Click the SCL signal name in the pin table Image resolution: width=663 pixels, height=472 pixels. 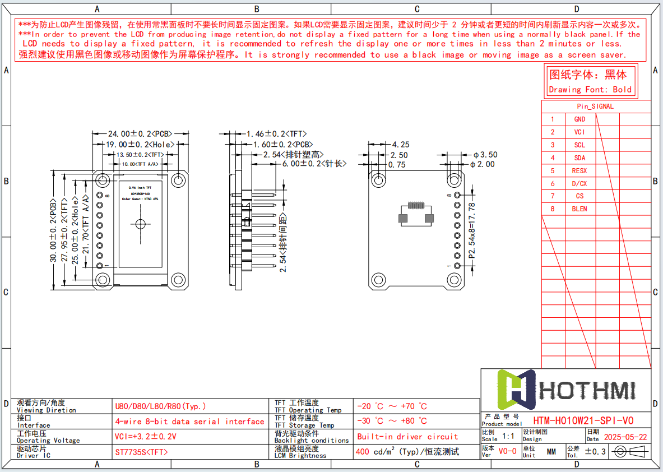(x=579, y=145)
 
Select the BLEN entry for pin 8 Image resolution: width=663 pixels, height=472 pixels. (x=579, y=209)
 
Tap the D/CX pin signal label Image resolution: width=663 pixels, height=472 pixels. (x=579, y=184)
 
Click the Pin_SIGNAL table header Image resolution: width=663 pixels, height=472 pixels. (x=595, y=107)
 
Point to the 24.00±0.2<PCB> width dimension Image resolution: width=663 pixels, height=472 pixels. (x=140, y=134)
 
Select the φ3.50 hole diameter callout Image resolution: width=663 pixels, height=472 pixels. (x=485, y=155)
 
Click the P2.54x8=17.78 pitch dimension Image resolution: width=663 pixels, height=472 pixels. (x=472, y=230)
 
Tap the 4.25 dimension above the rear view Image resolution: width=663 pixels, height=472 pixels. (x=400, y=145)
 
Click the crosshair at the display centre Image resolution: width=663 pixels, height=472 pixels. (x=140, y=224)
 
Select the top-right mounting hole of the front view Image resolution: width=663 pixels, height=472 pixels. (x=178, y=180)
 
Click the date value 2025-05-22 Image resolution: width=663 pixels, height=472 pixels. (x=625, y=437)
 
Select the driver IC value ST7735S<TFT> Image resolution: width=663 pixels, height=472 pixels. (x=141, y=452)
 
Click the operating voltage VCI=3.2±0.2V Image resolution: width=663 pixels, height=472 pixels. (x=146, y=437)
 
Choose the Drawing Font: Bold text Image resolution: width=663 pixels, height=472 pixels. (x=590, y=90)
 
